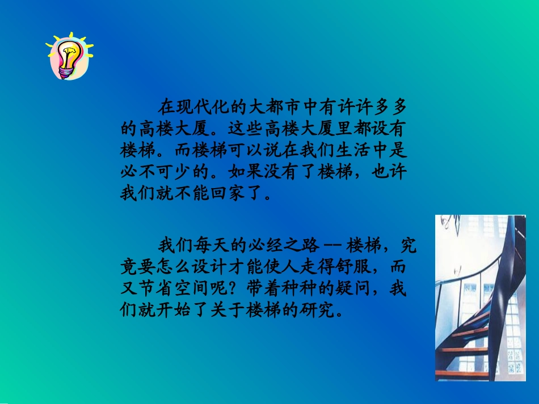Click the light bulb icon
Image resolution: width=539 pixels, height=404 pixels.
click(70, 56)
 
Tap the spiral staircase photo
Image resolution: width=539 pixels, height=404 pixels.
click(480, 297)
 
